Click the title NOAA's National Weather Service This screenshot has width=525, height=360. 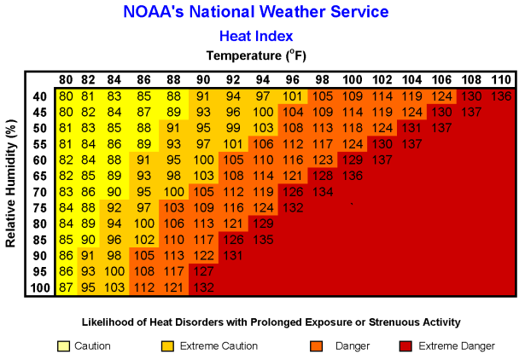(256, 12)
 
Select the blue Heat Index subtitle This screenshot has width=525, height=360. (256, 36)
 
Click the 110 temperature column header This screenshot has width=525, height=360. (500, 80)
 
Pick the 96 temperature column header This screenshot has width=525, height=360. (291, 80)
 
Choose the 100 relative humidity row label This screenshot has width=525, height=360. (38, 287)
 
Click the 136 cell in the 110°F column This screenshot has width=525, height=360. (501, 96)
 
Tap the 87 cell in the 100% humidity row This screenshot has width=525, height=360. (66, 287)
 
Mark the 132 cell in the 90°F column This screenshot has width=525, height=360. (203, 287)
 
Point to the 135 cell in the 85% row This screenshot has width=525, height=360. (263, 239)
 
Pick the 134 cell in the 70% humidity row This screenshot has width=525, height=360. (323, 191)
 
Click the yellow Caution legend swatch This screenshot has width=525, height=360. (63, 346)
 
